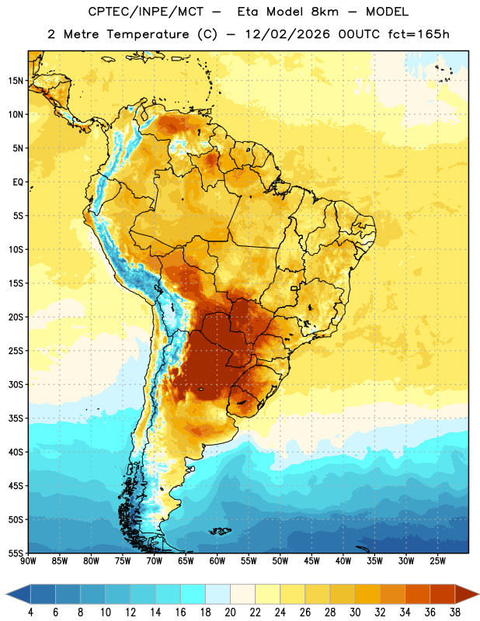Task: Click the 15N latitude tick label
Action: tap(16, 81)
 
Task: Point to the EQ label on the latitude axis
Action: tap(18, 182)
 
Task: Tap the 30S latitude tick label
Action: tap(16, 384)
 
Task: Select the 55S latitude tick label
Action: tap(16, 553)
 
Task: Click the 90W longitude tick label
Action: tap(28, 561)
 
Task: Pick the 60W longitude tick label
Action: tap(217, 561)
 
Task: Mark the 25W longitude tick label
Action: tap(437, 561)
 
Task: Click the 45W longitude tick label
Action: tap(311, 561)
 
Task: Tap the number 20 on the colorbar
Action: tap(230, 612)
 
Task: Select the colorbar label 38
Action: tap(455, 612)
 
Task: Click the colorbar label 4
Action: tap(30, 612)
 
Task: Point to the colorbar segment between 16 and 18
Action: tap(193, 594)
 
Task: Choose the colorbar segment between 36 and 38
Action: tap(443, 594)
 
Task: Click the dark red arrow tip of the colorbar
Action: tap(478, 594)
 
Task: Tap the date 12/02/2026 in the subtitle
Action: tap(287, 34)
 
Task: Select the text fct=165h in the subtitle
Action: tap(419, 34)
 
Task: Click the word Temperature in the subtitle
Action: tap(148, 34)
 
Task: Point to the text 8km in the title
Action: tap(325, 12)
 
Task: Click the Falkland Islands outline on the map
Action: tap(220, 531)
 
